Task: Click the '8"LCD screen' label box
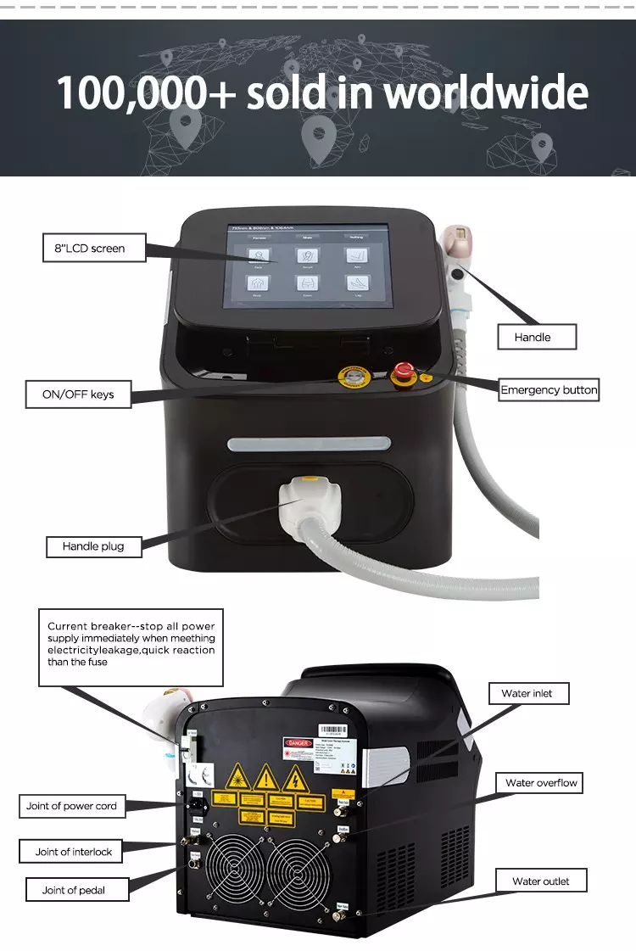click(90, 249)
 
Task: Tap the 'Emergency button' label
click(549, 390)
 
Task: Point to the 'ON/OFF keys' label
click(78, 394)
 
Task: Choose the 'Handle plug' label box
click(93, 546)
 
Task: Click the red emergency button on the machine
click(404, 371)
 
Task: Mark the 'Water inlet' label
click(527, 693)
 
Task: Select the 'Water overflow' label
click(541, 782)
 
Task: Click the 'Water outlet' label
click(541, 881)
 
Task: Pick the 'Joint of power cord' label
click(71, 806)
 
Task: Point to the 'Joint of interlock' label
click(74, 852)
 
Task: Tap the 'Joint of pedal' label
click(74, 890)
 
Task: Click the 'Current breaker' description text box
click(131, 646)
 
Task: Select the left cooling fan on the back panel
click(235, 870)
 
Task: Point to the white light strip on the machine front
click(309, 444)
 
